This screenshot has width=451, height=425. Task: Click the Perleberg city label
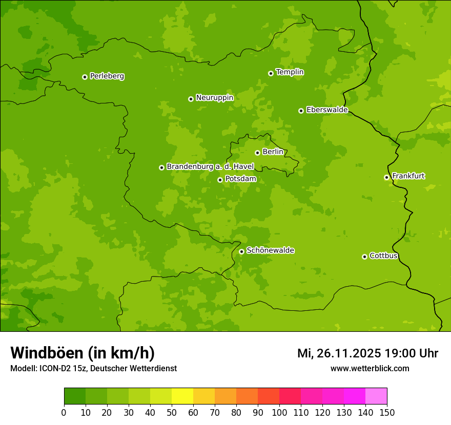click(107, 76)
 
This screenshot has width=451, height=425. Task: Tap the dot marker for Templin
click(271, 73)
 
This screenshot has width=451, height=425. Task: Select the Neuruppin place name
click(214, 98)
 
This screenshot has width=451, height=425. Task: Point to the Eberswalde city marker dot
click(301, 111)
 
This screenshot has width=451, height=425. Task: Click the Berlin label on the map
click(273, 152)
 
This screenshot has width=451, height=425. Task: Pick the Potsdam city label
click(240, 179)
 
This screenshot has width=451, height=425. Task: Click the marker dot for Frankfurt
click(386, 177)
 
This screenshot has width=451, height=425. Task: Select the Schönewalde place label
click(270, 250)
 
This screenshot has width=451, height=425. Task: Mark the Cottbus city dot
click(364, 257)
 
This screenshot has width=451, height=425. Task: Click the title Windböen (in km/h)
click(83, 353)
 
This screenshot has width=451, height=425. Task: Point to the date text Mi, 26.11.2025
click(338, 353)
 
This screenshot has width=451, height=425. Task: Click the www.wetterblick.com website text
click(370, 368)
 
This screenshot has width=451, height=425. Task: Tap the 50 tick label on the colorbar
click(172, 412)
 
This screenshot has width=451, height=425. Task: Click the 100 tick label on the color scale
click(279, 412)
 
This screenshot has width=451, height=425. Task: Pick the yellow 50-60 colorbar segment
click(182, 396)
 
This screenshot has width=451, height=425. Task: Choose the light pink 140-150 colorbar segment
click(376, 396)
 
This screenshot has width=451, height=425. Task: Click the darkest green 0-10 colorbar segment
click(75, 396)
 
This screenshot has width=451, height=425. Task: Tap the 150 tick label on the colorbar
click(387, 412)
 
